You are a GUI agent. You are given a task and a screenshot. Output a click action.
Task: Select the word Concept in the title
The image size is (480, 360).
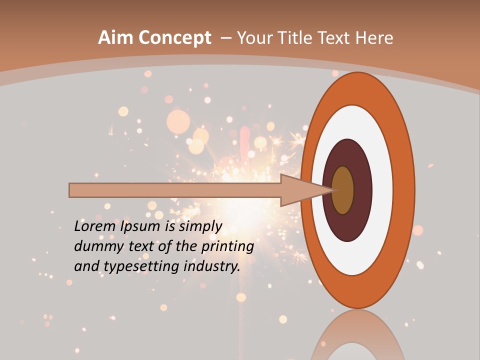[174, 38]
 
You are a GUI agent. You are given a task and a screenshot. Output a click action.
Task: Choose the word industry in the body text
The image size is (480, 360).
[212, 266]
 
